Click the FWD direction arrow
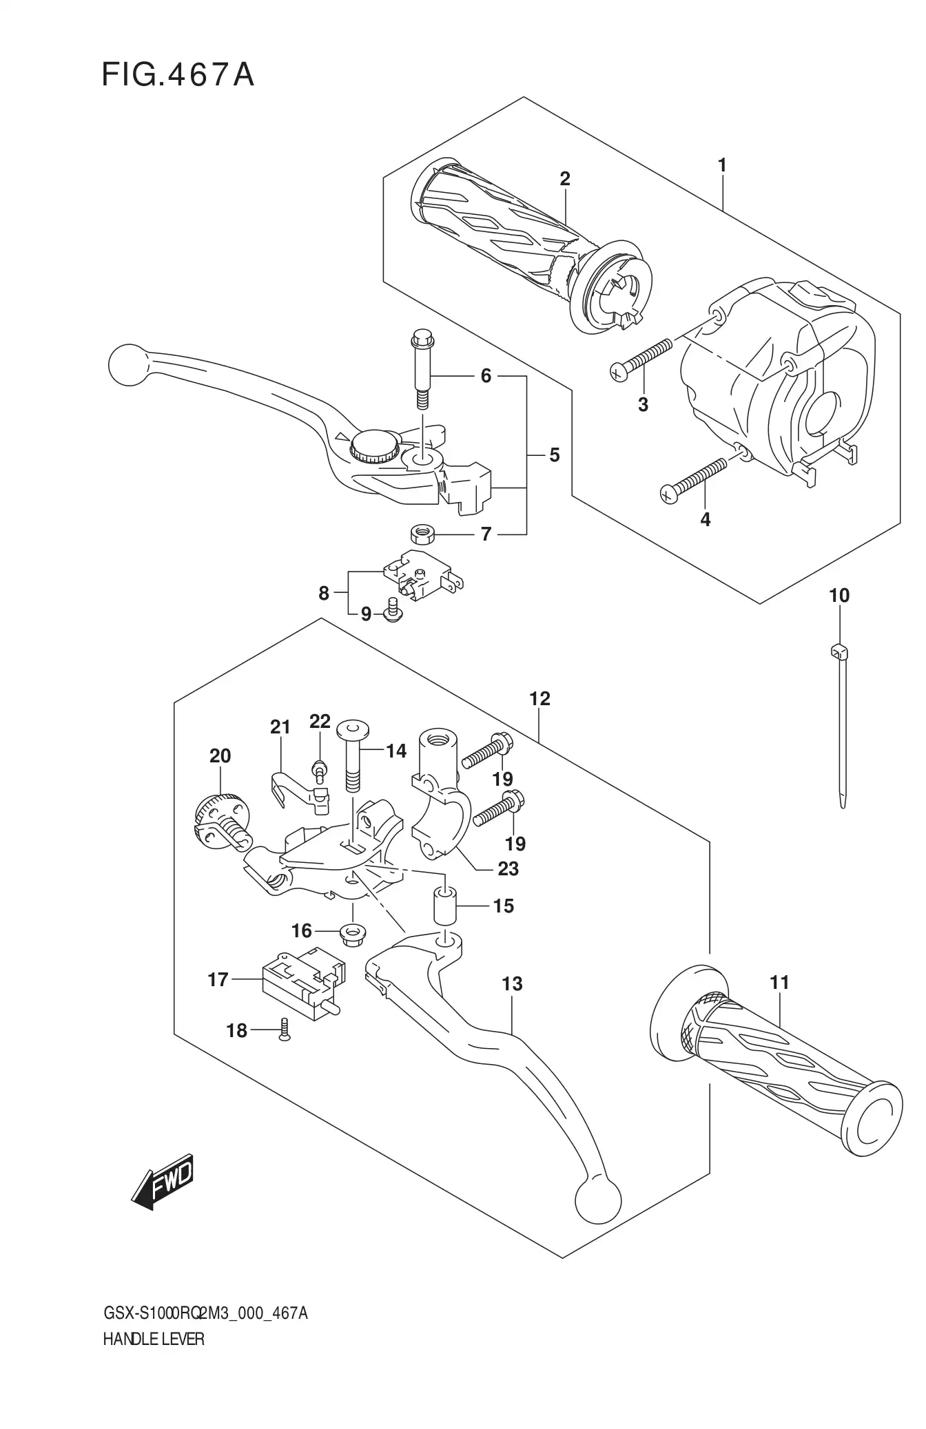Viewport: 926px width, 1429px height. pos(163,1181)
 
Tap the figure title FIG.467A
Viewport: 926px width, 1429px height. pos(178,75)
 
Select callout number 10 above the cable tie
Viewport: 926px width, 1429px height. pos(838,595)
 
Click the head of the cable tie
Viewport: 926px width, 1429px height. pos(838,649)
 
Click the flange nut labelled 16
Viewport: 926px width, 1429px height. pos(353,933)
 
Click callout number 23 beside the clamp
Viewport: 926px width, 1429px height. pos(508,868)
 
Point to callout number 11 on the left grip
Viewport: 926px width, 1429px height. pos(779,982)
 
